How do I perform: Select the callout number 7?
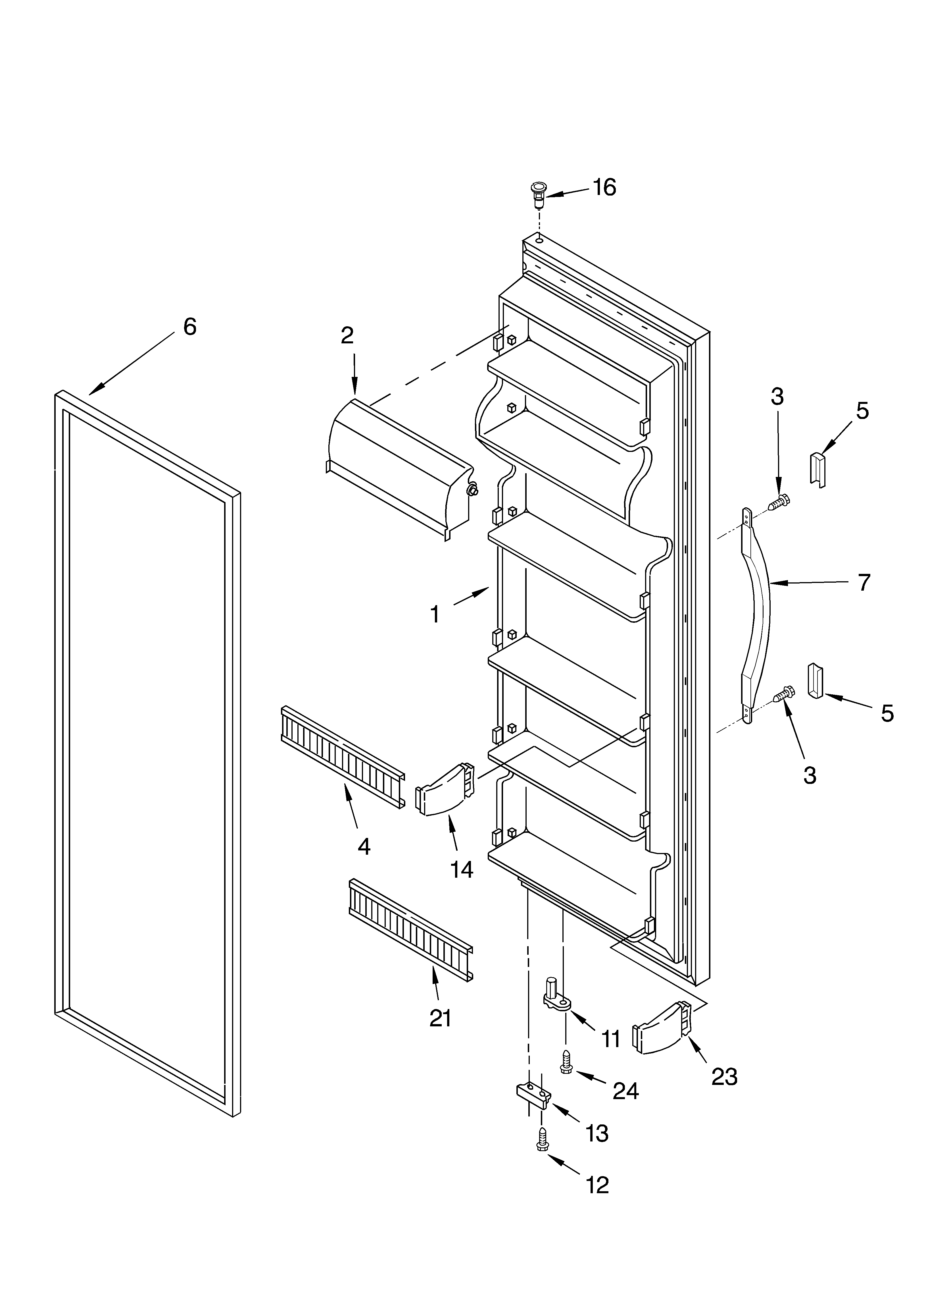tap(864, 582)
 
